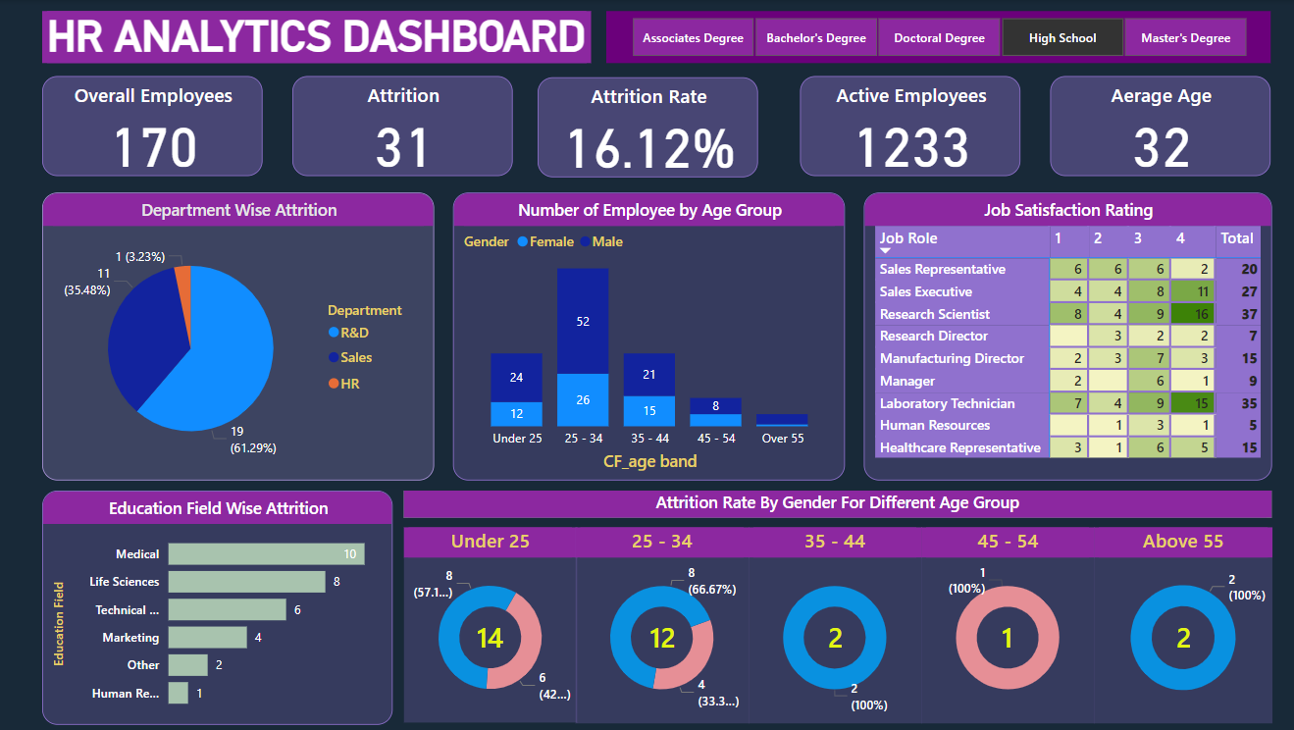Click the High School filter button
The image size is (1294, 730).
(1062, 38)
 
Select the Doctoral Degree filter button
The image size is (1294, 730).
(939, 38)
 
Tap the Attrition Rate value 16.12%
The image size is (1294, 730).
(648, 149)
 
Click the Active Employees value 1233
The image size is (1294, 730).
(911, 147)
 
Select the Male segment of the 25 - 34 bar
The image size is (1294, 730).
(583, 321)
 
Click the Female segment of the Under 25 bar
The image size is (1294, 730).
(516, 414)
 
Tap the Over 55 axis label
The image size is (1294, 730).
(782, 439)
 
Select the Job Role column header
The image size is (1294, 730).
(908, 238)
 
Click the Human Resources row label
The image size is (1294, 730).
(934, 426)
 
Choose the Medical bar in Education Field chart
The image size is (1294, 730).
(266, 554)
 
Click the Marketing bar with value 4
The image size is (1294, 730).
(207, 638)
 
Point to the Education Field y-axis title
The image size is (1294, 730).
(59, 624)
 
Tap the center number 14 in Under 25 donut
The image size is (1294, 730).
(490, 639)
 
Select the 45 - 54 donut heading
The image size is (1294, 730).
(1007, 542)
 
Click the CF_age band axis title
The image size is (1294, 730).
(649, 461)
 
